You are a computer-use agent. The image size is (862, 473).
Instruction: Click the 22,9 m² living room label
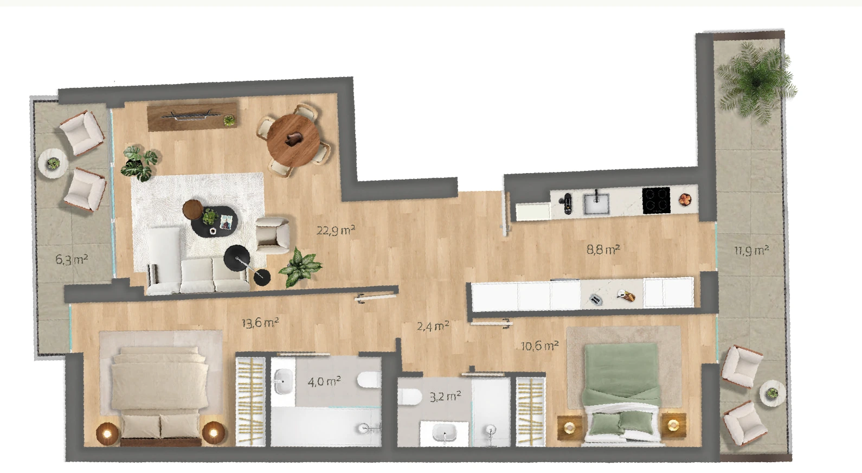click(x=336, y=231)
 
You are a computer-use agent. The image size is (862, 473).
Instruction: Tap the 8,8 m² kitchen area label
click(x=603, y=250)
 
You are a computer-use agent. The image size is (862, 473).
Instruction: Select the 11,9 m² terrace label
click(x=751, y=251)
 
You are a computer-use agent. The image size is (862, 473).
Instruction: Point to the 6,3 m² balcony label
click(x=72, y=259)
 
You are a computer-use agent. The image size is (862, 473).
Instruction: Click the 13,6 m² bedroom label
click(x=260, y=322)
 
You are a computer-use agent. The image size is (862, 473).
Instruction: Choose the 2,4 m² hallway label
click(x=433, y=326)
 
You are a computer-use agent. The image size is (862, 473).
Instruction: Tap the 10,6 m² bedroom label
click(x=539, y=346)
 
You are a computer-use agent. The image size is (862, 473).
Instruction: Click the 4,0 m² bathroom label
click(x=324, y=382)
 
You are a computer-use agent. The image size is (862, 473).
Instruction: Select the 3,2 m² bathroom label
click(x=445, y=397)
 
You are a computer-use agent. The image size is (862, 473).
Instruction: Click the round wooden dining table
click(x=293, y=140)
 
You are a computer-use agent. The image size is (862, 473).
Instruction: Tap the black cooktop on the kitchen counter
click(x=656, y=200)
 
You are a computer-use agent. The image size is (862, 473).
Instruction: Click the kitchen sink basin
click(x=596, y=204)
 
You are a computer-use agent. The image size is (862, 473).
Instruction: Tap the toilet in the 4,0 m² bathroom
click(x=369, y=380)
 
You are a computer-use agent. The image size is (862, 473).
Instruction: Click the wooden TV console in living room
click(x=192, y=116)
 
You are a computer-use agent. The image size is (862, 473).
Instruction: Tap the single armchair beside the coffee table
click(x=273, y=236)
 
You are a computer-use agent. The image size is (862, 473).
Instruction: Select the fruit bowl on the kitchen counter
click(x=685, y=199)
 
